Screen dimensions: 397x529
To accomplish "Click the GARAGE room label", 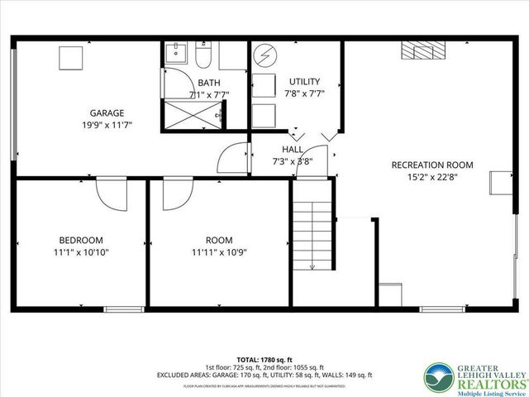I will [x=107, y=112].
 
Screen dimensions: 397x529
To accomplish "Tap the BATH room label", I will [x=207, y=82].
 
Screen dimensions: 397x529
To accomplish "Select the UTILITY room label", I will [x=303, y=81].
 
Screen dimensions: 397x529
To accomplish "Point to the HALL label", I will [x=292, y=149].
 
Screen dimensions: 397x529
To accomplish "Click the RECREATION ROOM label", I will [x=431, y=165].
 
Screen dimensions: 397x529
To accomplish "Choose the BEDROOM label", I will [x=80, y=240].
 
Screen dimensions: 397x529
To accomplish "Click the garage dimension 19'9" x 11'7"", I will [x=107, y=125].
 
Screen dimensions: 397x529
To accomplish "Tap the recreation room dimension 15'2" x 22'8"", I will [x=431, y=176].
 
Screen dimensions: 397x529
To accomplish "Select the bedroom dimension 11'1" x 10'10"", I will [x=80, y=252].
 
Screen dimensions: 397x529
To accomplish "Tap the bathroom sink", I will [x=174, y=55].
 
